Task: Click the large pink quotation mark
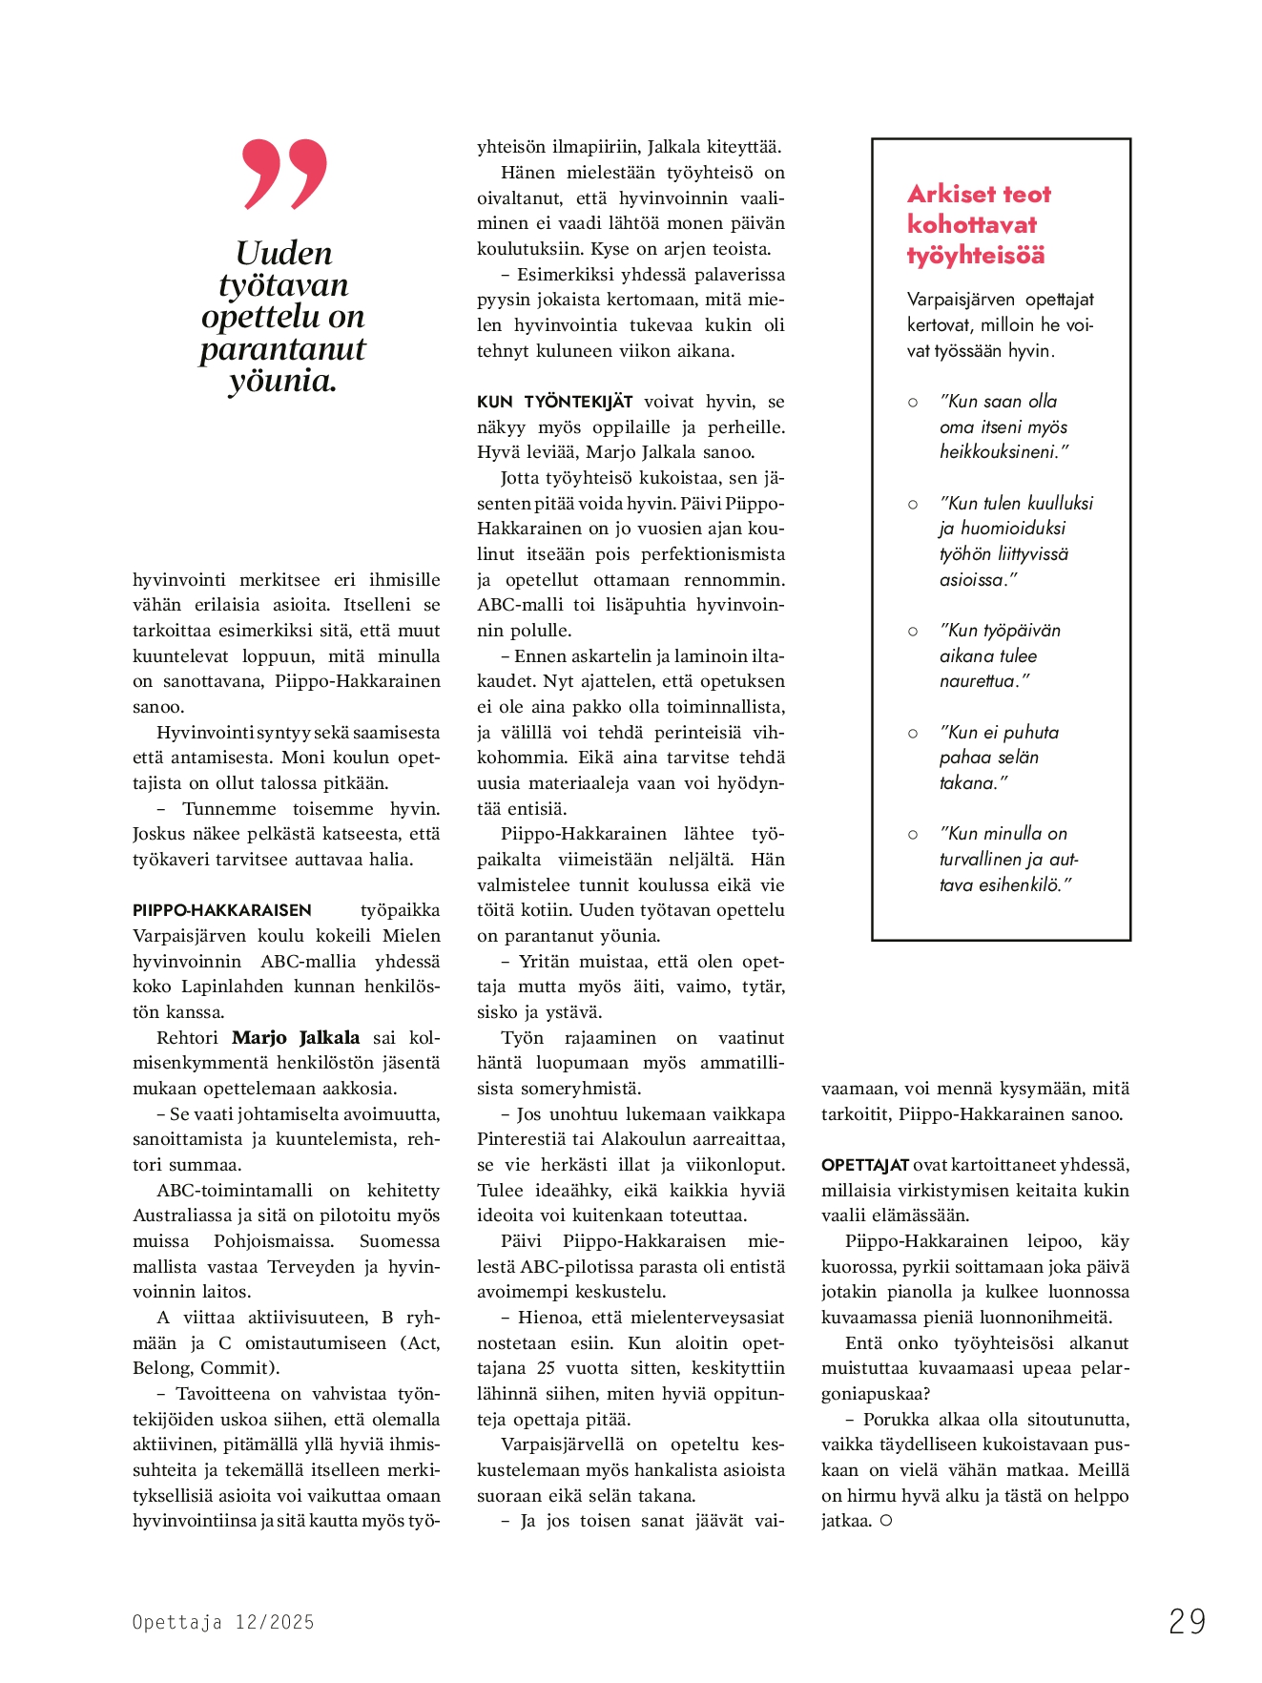[284, 174]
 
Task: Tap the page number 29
[1187, 1621]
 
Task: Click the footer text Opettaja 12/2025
[223, 1622]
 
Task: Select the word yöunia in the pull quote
[282, 381]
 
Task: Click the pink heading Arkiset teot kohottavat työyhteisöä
[979, 224]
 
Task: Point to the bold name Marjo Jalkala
[296, 1037]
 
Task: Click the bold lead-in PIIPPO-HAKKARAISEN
[222, 910]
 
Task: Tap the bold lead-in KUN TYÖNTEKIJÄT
[554, 402]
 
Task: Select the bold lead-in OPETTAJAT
[864, 1165]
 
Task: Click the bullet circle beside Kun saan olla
[913, 403]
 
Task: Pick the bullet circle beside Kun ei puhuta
[913, 733]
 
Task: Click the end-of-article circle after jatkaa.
[886, 1521]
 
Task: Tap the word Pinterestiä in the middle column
[522, 1139]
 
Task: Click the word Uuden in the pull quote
[283, 254]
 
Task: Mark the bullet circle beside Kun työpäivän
[913, 632]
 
